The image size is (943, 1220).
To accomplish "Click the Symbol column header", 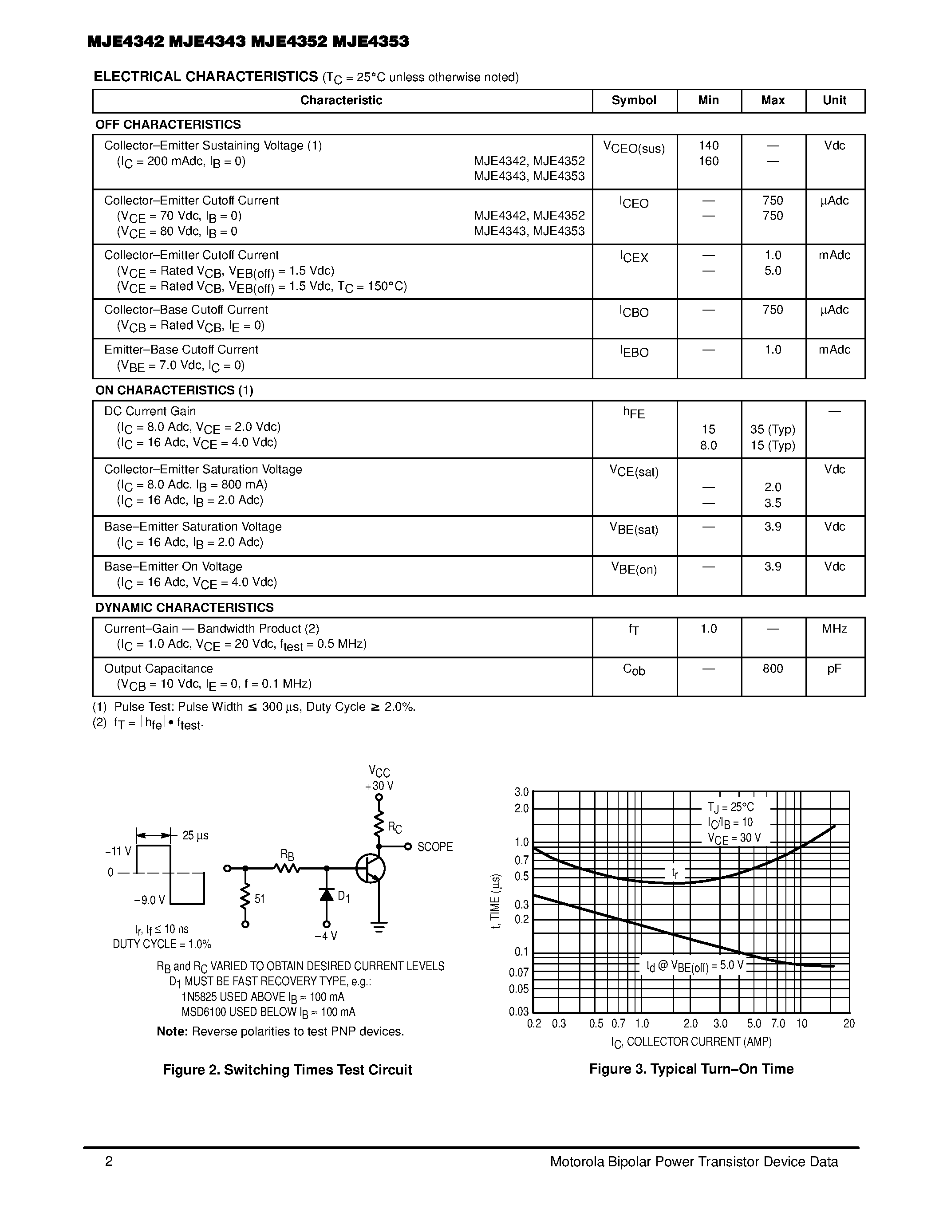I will click(x=634, y=101).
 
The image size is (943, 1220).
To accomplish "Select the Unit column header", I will click(x=834, y=101).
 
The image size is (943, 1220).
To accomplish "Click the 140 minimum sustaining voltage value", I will click(x=708, y=146).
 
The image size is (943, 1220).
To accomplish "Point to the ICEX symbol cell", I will click(x=634, y=257).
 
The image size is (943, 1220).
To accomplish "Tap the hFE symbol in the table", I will click(x=634, y=413).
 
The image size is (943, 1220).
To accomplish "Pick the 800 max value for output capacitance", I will click(x=773, y=669).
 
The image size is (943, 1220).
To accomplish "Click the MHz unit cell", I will click(x=834, y=629).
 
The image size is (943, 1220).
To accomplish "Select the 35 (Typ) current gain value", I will click(x=773, y=429).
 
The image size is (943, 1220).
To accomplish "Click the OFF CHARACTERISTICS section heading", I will click(x=168, y=125).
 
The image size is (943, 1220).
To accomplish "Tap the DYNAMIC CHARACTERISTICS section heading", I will click(x=184, y=608).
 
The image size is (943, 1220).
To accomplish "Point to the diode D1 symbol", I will click(x=327, y=894).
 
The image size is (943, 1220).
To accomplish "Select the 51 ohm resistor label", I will click(x=260, y=899).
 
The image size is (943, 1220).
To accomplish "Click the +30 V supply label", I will click(x=379, y=786).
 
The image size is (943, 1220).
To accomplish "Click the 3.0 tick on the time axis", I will click(x=521, y=792).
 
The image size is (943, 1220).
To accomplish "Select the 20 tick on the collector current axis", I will click(x=848, y=1023).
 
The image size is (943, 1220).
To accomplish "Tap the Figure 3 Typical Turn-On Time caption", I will click(x=691, y=1069).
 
